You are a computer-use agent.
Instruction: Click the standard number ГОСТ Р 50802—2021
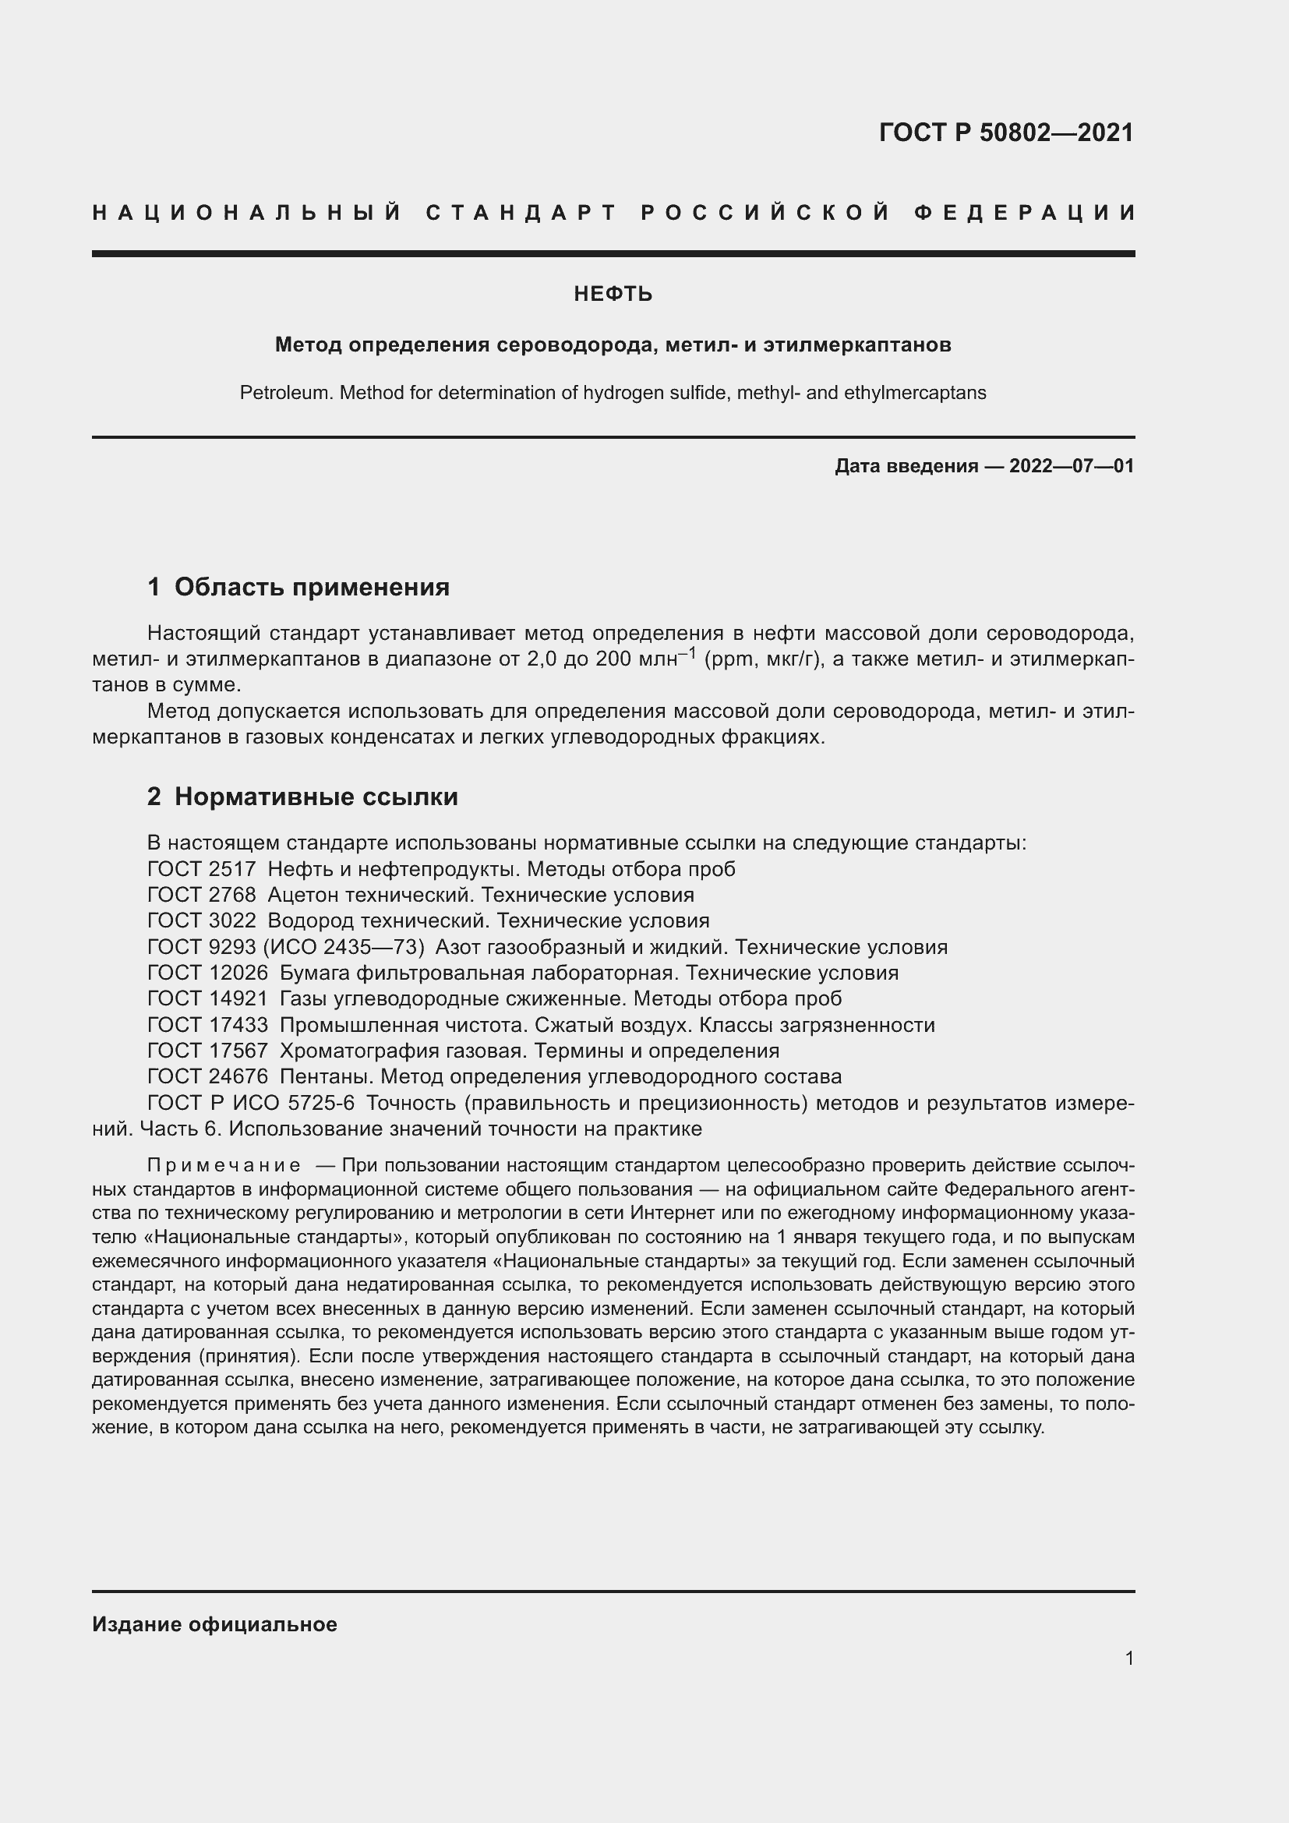pos(1006,132)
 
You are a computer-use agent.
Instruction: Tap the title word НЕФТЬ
pos(613,295)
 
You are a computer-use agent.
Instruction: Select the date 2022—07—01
pos(1072,466)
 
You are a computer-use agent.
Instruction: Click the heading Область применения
pos(311,588)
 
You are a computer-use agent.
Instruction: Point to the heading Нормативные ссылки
pos(316,797)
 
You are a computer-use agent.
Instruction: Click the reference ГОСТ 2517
pos(202,870)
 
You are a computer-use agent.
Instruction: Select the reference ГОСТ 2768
pos(202,896)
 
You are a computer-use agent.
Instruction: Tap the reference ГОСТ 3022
pos(202,921)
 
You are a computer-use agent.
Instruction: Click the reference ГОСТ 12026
pos(207,973)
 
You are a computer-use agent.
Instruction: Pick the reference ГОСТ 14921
pos(207,999)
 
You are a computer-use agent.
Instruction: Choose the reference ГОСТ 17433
pos(207,1025)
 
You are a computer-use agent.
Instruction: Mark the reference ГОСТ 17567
pos(207,1051)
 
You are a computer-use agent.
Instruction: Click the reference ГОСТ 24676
pos(207,1077)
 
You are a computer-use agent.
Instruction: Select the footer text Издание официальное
pos(214,1624)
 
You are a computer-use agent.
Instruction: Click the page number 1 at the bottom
pos(1129,1659)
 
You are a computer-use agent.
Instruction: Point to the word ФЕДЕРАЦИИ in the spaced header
pos(1025,213)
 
